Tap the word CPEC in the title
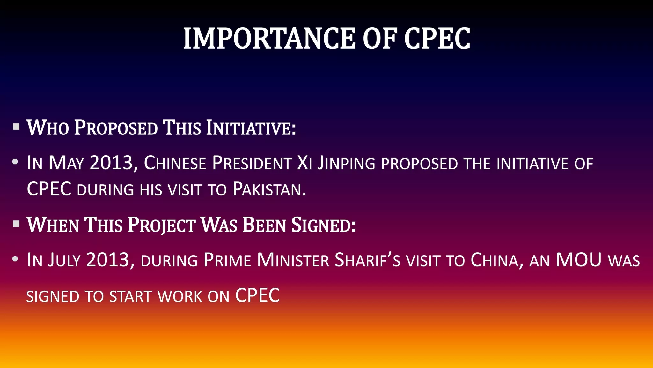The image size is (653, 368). point(437,39)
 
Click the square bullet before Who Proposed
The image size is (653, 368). point(16,126)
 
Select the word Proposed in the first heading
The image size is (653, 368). point(116,128)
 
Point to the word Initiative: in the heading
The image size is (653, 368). point(251,128)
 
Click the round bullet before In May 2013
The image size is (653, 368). point(15,162)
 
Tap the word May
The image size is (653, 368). point(66,163)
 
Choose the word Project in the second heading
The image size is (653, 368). point(162,225)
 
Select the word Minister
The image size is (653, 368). point(293,260)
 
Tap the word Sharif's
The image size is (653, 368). point(367,260)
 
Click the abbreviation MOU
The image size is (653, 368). point(579,260)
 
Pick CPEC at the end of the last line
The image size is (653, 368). point(258,295)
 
